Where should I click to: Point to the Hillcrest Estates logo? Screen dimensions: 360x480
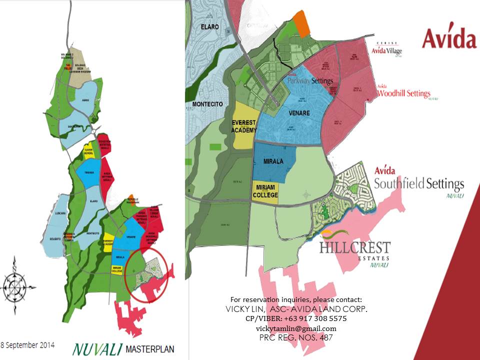click(354, 250)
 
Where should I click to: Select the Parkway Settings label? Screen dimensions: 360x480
click(310, 79)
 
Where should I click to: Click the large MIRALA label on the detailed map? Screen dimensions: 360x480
click(273, 161)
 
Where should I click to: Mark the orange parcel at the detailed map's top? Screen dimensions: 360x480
click(301, 23)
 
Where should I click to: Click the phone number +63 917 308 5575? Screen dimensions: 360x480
click(296, 318)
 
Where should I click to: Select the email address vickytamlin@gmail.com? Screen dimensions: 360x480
click(296, 328)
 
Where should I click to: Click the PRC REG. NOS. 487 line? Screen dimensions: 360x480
click(296, 338)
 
